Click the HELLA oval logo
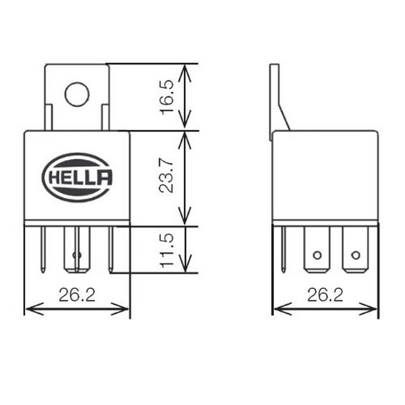click(x=77, y=177)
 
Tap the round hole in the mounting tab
click(x=77, y=94)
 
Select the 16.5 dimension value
click(x=167, y=97)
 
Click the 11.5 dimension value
click(x=167, y=250)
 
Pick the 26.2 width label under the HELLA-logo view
click(x=77, y=295)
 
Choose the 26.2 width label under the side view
click(x=325, y=295)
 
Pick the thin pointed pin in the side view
click(x=284, y=249)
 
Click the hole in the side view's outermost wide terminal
click(x=356, y=255)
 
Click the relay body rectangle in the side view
click(x=325, y=176)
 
